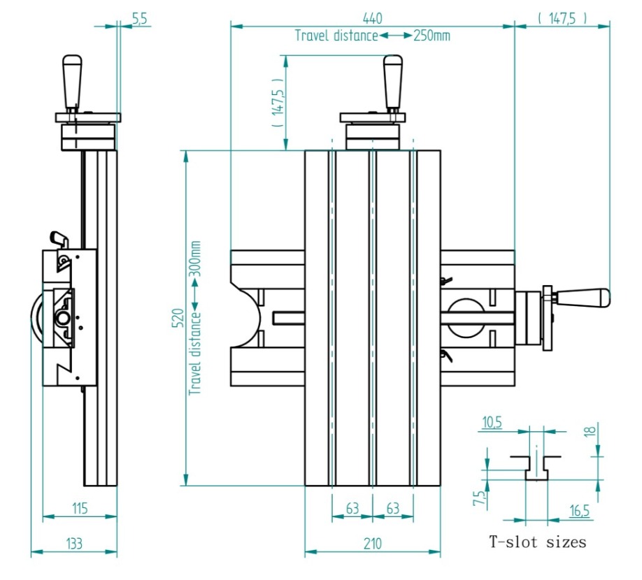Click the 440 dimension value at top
tap(372, 18)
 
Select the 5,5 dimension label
tap(139, 18)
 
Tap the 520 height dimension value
tap(178, 318)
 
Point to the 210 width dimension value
tap(372, 544)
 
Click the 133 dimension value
tap(74, 544)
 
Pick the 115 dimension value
tap(80, 509)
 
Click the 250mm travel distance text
tap(431, 36)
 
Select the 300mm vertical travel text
tap(195, 259)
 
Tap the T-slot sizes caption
tap(537, 542)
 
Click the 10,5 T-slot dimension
tap(492, 423)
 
